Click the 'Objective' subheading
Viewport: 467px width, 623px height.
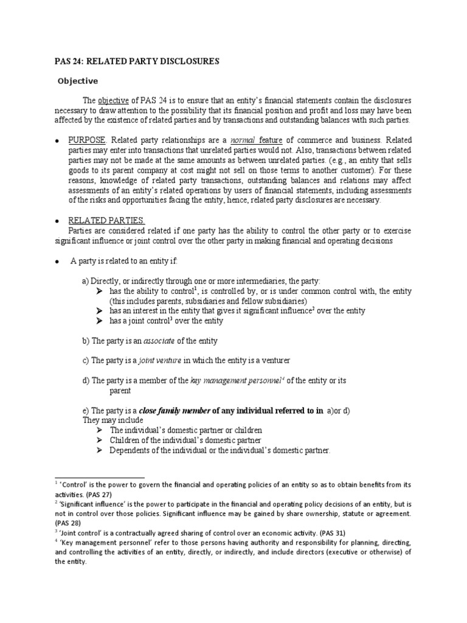pyautogui.click(x=77, y=80)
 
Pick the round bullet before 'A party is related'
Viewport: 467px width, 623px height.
pyautogui.click(x=57, y=261)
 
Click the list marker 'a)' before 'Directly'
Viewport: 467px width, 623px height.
pyautogui.click(x=86, y=280)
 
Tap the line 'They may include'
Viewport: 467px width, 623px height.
pyautogui.click(x=112, y=420)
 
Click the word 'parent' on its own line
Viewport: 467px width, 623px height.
pyautogui.click(x=120, y=391)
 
